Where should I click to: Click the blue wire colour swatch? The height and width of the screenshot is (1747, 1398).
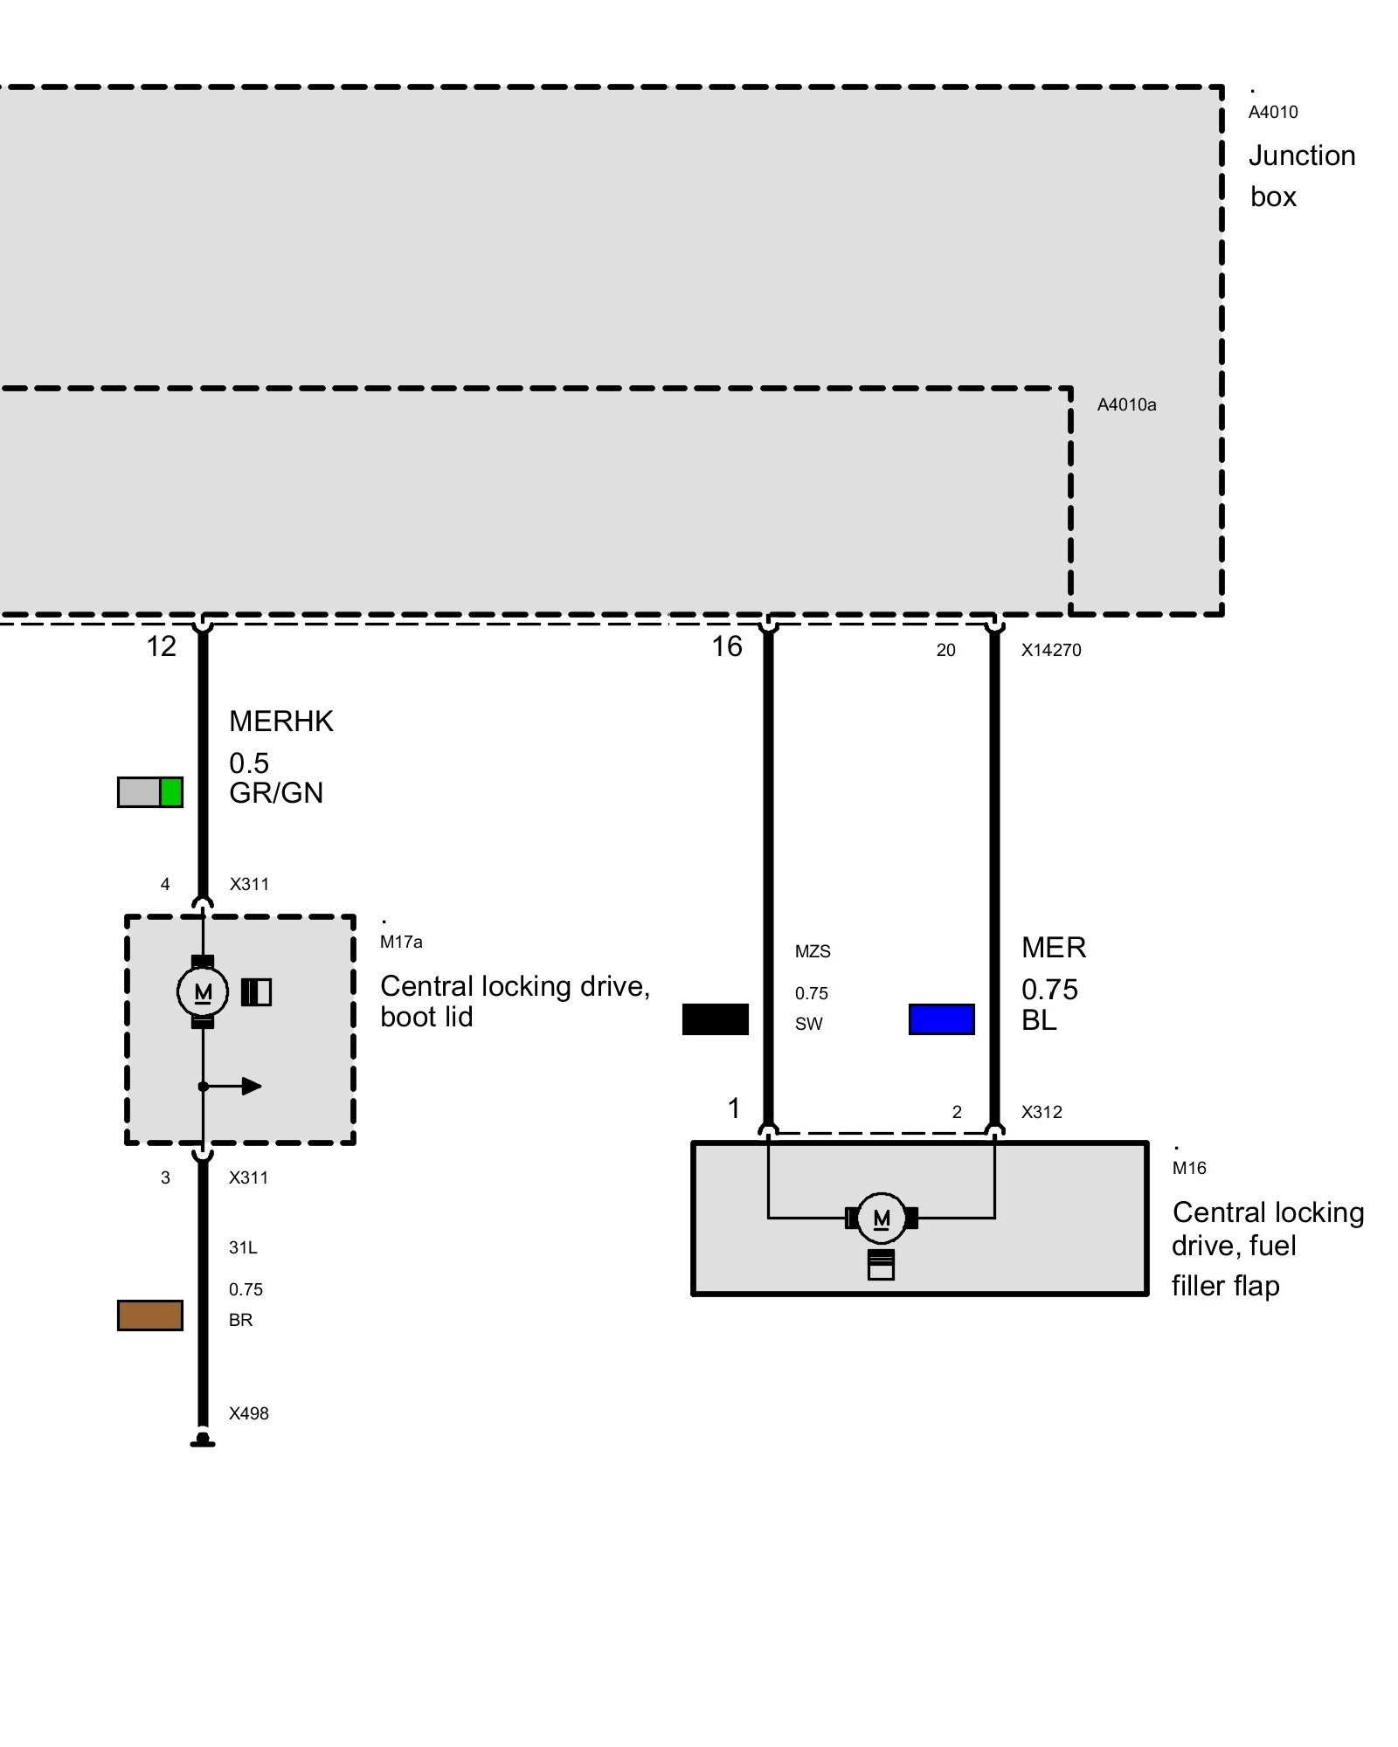(941, 1019)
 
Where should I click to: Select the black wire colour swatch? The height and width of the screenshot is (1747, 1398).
(715, 1019)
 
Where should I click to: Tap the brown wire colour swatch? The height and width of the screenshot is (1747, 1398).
(150, 1315)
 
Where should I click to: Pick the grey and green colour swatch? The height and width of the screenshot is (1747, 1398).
(150, 792)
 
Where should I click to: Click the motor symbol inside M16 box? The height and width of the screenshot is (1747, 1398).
(881, 1218)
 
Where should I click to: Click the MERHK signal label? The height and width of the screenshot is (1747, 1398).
(280, 722)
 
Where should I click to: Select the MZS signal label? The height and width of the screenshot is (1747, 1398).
(813, 951)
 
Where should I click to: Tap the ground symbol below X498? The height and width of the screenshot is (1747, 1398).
(203, 1440)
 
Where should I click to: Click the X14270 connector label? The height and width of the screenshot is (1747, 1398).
(1051, 650)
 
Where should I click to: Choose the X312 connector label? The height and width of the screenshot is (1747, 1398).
(1042, 1112)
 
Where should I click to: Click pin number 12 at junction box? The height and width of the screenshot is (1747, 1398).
(162, 646)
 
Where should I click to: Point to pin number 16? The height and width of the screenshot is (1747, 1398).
(726, 646)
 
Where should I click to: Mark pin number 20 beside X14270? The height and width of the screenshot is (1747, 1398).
(945, 650)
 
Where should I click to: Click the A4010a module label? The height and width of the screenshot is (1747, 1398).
(1126, 404)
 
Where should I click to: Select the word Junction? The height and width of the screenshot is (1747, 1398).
(1301, 155)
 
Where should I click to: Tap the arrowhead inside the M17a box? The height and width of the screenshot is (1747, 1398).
(252, 1087)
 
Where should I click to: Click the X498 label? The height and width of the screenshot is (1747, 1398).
(248, 1413)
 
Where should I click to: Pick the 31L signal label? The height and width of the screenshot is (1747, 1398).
(243, 1247)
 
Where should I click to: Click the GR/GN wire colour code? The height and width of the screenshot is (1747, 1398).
(276, 793)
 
